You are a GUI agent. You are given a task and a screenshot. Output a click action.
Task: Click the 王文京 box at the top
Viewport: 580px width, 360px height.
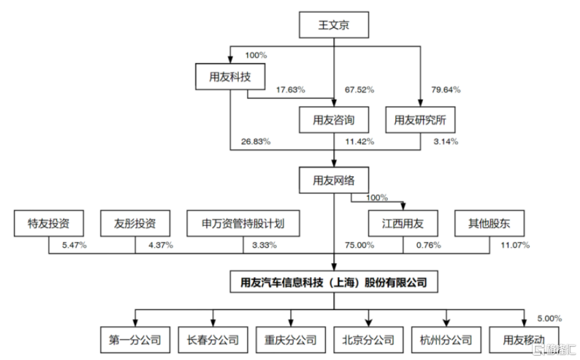[333, 25]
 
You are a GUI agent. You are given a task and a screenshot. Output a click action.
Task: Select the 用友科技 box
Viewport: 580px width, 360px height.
[230, 77]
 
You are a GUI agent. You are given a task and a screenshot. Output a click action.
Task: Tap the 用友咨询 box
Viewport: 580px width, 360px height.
[333, 120]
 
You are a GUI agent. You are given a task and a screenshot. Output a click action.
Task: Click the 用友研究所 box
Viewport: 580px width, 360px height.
[420, 120]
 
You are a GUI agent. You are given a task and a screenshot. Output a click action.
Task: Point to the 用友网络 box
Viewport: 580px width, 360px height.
[333, 180]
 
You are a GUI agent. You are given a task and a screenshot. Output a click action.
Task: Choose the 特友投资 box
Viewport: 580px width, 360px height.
[49, 223]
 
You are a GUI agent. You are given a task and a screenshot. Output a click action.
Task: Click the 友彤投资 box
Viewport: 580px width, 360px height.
[135, 223]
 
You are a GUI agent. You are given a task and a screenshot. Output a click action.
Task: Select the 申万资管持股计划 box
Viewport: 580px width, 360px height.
[243, 223]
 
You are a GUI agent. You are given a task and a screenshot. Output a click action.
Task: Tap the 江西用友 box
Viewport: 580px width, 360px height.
[403, 223]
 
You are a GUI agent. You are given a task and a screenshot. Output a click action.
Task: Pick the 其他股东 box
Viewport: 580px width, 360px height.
[489, 223]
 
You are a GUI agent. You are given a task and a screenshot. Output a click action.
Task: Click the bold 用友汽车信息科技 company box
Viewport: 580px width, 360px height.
[333, 282]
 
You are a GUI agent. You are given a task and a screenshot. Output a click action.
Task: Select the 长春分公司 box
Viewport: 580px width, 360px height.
[213, 340]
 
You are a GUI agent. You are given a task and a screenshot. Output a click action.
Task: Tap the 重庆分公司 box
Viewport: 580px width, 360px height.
[291, 340]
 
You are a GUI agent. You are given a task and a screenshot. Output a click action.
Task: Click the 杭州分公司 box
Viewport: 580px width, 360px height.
[446, 340]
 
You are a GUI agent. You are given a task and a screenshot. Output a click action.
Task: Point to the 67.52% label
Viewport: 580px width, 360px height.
[359, 90]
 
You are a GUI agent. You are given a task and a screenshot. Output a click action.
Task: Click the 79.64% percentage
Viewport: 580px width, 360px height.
[446, 90]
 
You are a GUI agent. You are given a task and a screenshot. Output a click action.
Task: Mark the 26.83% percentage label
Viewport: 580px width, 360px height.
[256, 142]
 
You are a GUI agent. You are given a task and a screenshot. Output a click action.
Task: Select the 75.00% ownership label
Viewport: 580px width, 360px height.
[359, 245]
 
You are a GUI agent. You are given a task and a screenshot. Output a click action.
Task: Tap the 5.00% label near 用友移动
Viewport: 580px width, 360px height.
[549, 319]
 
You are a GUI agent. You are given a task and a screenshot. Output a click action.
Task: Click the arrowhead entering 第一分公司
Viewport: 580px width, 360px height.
[135, 323]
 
